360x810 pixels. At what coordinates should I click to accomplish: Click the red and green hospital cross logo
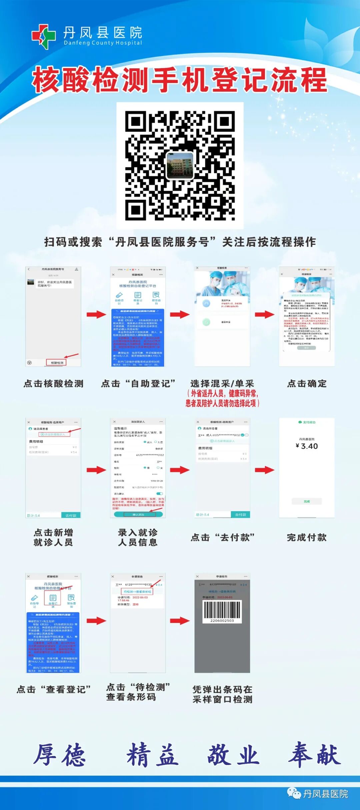click(44, 36)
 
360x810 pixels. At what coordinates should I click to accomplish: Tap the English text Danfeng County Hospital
click(103, 43)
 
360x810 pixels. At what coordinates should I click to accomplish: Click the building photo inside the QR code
click(180, 165)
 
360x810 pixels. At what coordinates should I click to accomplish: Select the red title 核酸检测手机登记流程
click(180, 80)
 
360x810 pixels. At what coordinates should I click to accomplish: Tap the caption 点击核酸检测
click(53, 383)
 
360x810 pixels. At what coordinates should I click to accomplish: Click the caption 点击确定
click(307, 383)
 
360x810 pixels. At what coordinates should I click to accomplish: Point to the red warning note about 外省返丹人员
click(223, 398)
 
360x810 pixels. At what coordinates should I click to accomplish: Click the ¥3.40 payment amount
click(307, 446)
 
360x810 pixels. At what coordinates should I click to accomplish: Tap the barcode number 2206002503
click(222, 621)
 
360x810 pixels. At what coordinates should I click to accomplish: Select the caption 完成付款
click(307, 537)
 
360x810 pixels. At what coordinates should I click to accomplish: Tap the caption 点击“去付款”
click(223, 537)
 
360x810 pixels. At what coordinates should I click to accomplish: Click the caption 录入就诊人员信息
click(138, 537)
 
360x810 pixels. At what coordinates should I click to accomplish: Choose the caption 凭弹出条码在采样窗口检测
click(223, 694)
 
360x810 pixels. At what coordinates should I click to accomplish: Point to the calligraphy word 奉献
click(315, 754)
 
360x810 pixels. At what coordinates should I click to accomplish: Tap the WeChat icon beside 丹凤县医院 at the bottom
click(294, 793)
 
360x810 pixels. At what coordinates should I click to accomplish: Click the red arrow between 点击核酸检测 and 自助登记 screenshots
click(96, 314)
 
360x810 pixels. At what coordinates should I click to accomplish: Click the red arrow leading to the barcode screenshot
click(180, 621)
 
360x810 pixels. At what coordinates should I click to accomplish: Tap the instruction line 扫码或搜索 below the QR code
click(180, 242)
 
